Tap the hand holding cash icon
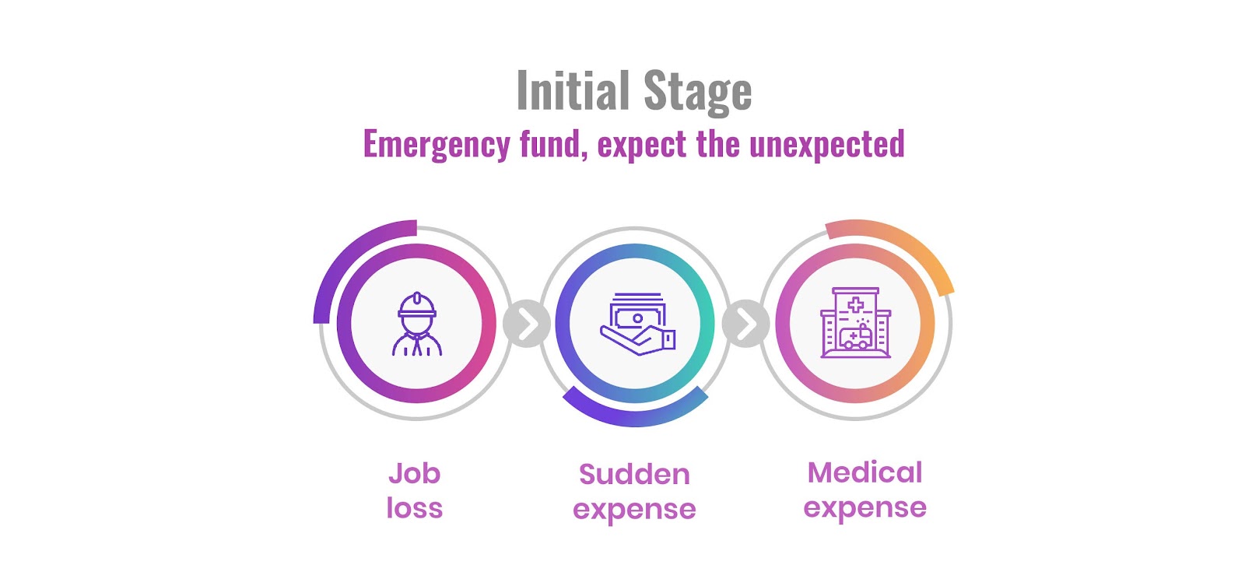click(637, 324)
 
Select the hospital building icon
click(855, 324)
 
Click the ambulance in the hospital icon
click(856, 338)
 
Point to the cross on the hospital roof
click(855, 304)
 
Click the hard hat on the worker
click(417, 304)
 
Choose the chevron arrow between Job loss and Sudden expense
click(527, 324)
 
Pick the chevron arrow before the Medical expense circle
click(746, 324)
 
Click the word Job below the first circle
click(414, 473)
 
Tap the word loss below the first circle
click(414, 508)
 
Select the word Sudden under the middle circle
click(634, 474)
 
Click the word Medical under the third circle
click(864, 472)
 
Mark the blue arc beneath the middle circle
click(634, 413)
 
